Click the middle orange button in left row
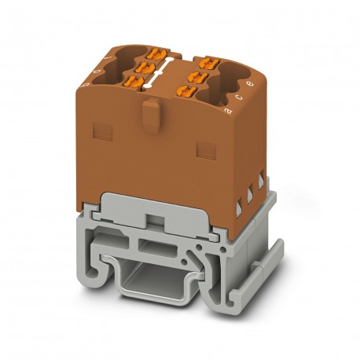click(145, 68)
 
